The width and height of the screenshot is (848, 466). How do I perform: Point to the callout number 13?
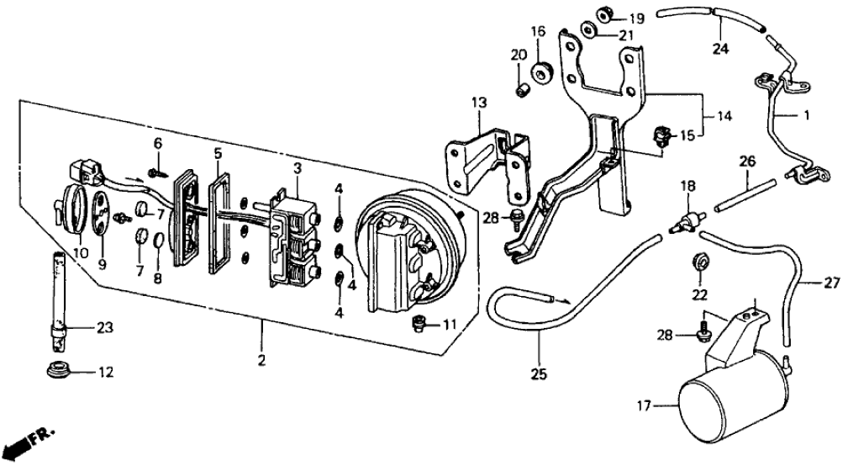pyautogui.click(x=478, y=103)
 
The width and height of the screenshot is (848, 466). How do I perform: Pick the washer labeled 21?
pyautogui.click(x=587, y=33)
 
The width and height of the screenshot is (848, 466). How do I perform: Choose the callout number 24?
pyautogui.click(x=719, y=49)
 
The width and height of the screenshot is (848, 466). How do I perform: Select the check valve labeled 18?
pyautogui.click(x=683, y=225)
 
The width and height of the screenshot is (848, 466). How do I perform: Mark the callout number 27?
pyautogui.click(x=831, y=283)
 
